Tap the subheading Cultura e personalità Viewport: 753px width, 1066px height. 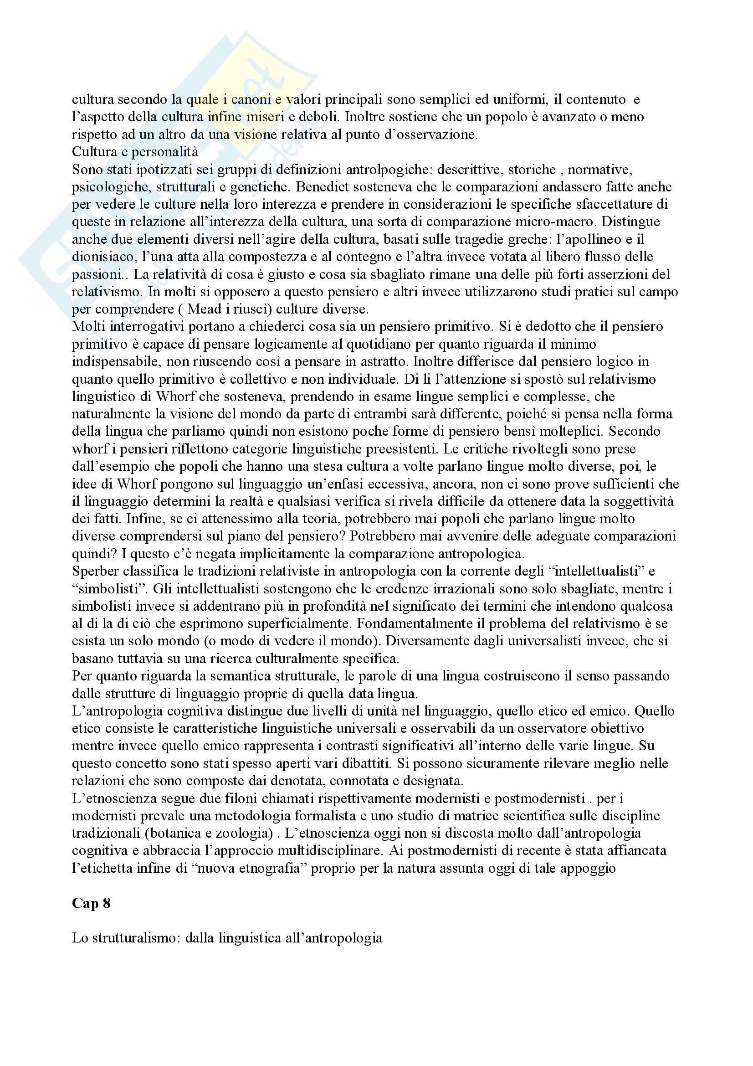pyautogui.click(x=134, y=152)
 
